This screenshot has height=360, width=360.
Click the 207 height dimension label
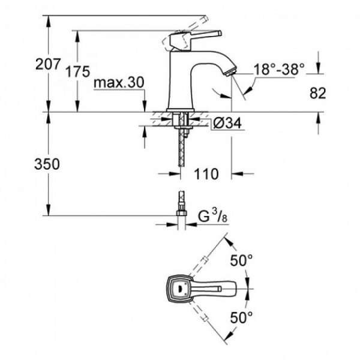pyautogui.click(x=48, y=64)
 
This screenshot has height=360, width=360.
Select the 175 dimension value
pyautogui.click(x=78, y=71)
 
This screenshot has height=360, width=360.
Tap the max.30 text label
pyautogui.click(x=119, y=82)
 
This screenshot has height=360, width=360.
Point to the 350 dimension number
pyautogui.click(x=47, y=164)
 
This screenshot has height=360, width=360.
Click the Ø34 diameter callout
pyautogui.click(x=227, y=122)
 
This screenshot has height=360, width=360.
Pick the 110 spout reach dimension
pyautogui.click(x=206, y=174)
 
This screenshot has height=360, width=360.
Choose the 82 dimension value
pyautogui.click(x=318, y=93)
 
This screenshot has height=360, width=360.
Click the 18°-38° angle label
pyautogui.click(x=279, y=69)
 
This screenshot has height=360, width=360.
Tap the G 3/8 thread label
pyautogui.click(x=213, y=216)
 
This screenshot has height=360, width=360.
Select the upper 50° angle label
pyautogui.click(x=241, y=260)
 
